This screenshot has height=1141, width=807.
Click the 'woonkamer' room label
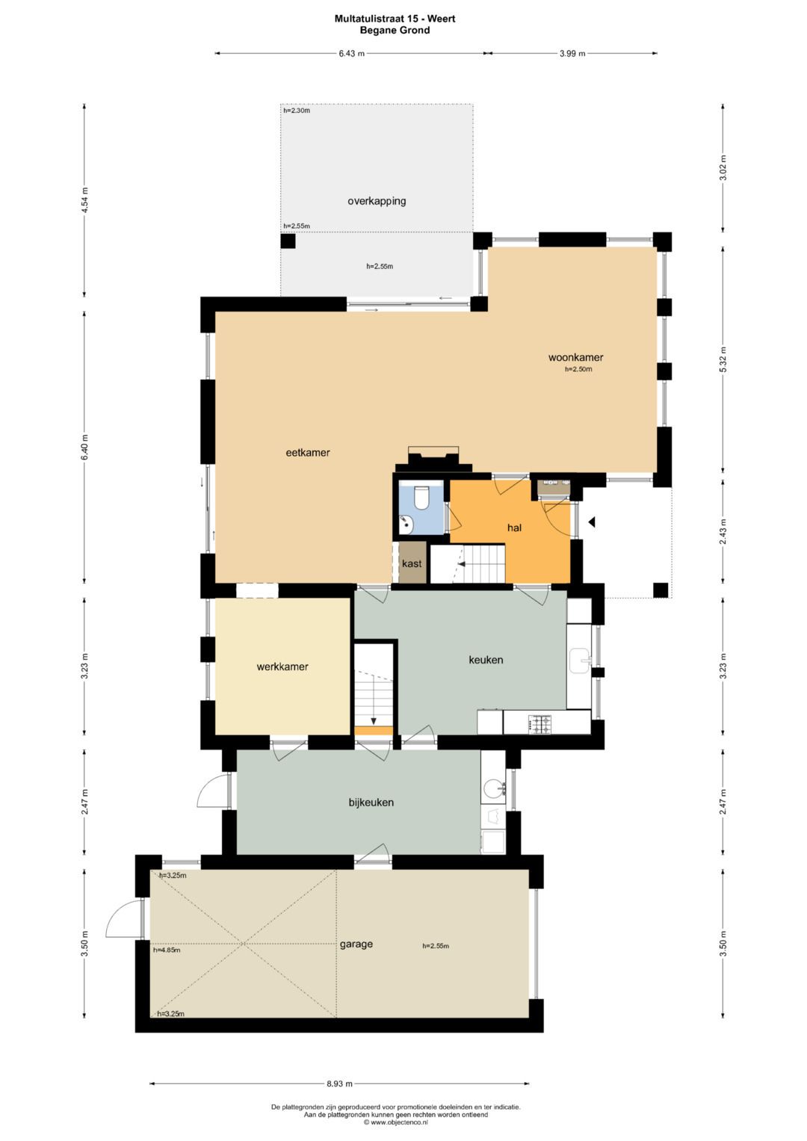point(575,357)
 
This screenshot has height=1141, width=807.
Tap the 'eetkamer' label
point(308,452)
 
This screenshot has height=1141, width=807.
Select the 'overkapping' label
point(377,201)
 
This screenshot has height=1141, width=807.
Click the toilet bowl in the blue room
point(421,498)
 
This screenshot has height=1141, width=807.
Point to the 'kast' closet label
point(412,563)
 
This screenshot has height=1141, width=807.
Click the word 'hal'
point(514,528)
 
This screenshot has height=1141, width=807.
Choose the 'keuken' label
point(486,660)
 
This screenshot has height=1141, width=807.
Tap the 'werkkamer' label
point(282,667)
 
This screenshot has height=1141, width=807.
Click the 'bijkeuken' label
point(371,803)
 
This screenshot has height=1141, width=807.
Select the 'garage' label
point(356,944)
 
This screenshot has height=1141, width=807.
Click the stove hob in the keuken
point(541,724)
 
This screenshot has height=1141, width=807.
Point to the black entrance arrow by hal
point(592,522)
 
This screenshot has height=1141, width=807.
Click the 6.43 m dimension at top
point(351,54)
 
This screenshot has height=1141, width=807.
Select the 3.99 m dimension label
point(572,54)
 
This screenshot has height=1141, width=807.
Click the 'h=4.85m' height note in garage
point(167,950)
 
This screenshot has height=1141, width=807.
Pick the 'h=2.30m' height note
point(297,110)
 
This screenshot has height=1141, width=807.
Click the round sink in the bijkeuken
point(492,789)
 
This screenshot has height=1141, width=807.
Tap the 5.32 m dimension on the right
point(723,359)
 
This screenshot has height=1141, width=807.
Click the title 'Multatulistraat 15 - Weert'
point(395,19)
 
